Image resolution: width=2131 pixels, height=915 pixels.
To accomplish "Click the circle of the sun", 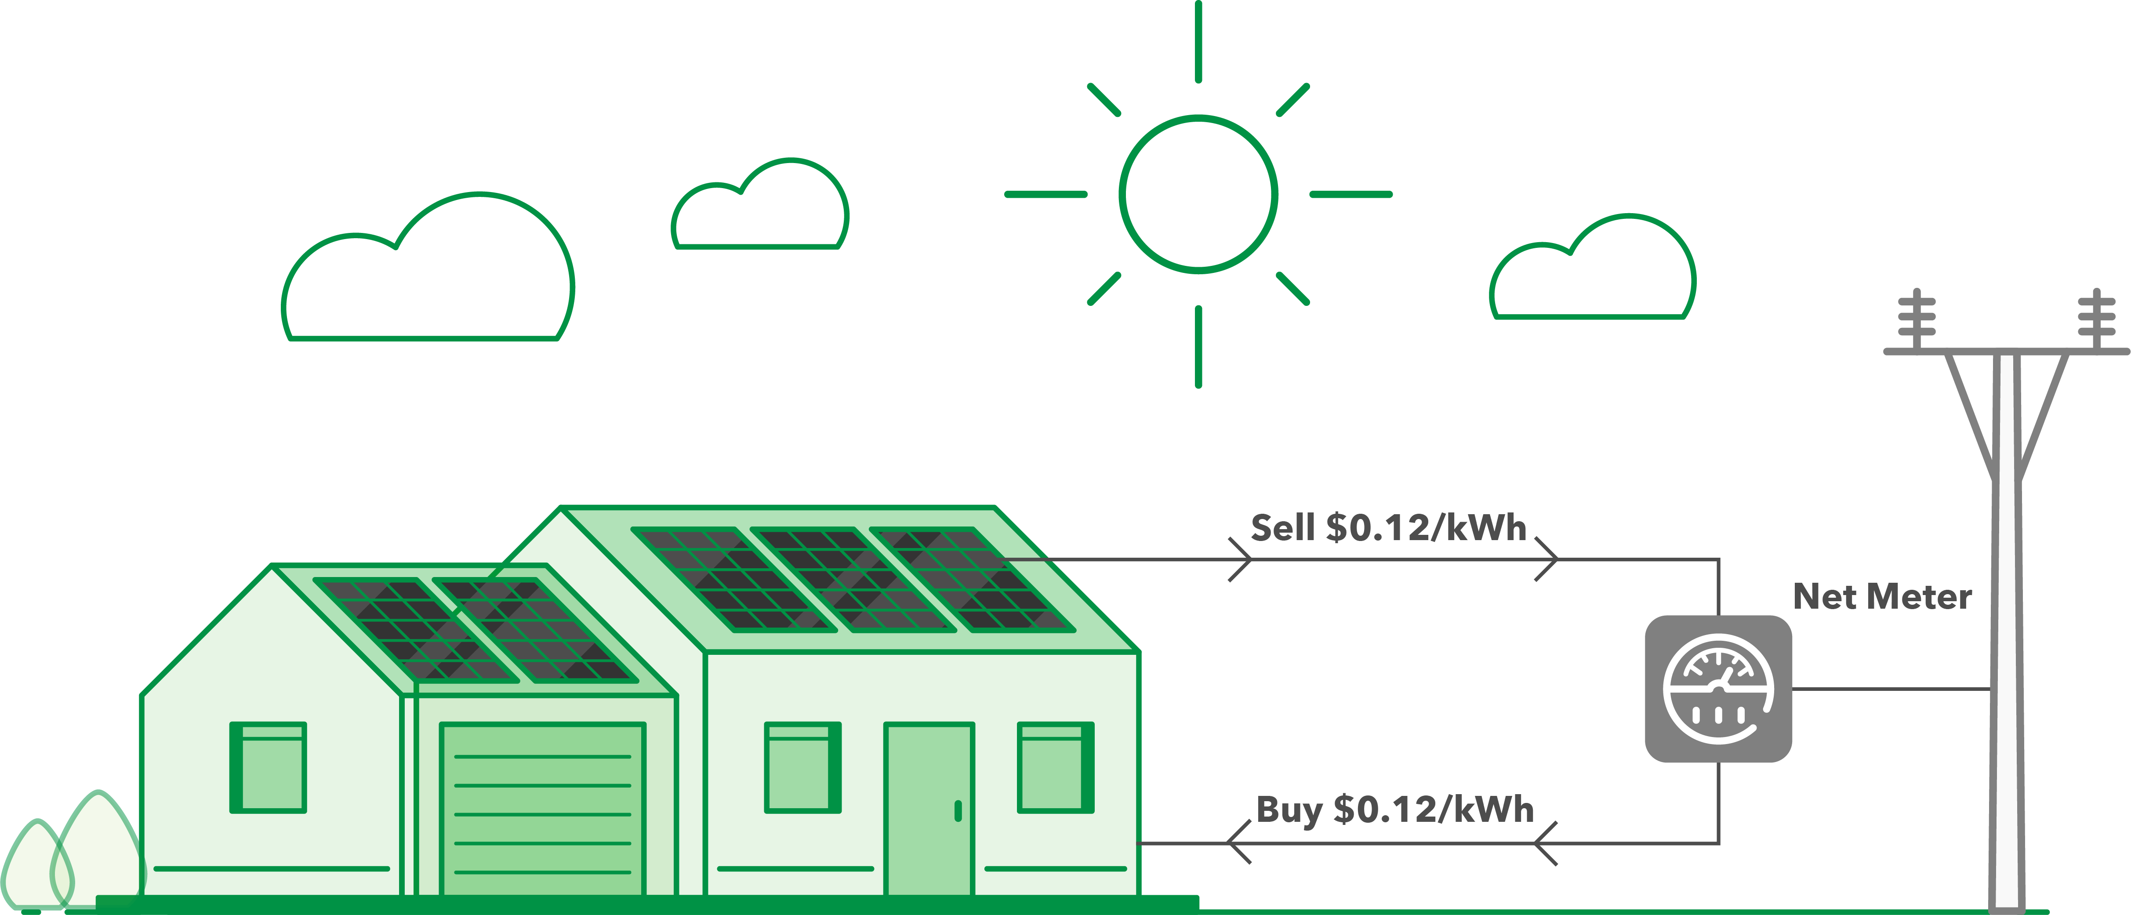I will point(1198,193).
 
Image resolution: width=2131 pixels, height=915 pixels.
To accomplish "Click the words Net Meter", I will point(1882,596).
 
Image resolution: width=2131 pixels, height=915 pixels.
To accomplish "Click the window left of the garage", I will point(268,767).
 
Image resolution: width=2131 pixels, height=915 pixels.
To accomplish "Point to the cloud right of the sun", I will point(1593,273).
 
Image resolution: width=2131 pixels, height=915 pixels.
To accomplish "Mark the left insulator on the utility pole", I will point(1916,319).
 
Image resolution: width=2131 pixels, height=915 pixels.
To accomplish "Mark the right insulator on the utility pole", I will point(2096,319).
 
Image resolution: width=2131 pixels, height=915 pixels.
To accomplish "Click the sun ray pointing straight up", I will point(1198,41).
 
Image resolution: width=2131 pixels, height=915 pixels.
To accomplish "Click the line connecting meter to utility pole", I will point(1890,688).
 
